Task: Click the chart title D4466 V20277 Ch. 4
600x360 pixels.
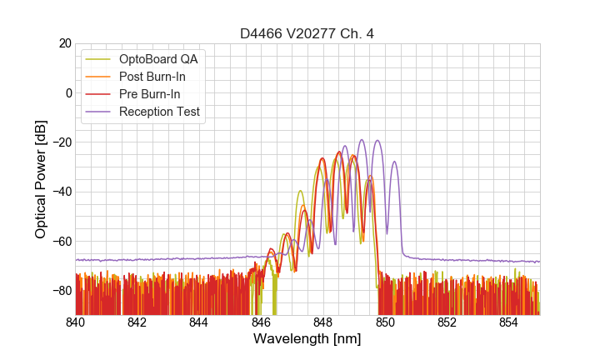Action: coord(307,34)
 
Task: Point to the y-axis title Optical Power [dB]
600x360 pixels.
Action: coord(41,178)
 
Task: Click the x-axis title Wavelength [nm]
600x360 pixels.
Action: coord(307,339)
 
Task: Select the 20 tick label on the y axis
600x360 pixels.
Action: coord(62,43)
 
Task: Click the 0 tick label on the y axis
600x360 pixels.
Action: coord(67,92)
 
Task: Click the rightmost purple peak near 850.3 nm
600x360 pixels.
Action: coord(394,162)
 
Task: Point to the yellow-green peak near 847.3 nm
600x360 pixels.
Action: coord(300,191)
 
